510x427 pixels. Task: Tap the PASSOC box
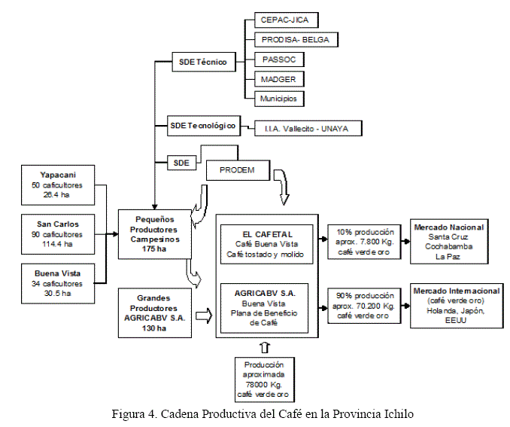pyautogui.click(x=279, y=59)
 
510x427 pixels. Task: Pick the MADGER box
pyautogui.click(x=279, y=78)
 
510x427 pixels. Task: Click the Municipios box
pyautogui.click(x=279, y=98)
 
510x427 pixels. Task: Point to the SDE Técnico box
pyautogui.click(x=202, y=63)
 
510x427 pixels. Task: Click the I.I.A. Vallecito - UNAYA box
pyautogui.click(x=308, y=129)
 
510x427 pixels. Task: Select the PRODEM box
pyautogui.click(x=238, y=170)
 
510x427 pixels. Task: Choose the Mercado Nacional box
pyautogui.click(x=448, y=241)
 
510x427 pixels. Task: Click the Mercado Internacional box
pyautogui.click(x=455, y=306)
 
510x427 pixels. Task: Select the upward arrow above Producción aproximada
pyautogui.click(x=263, y=347)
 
